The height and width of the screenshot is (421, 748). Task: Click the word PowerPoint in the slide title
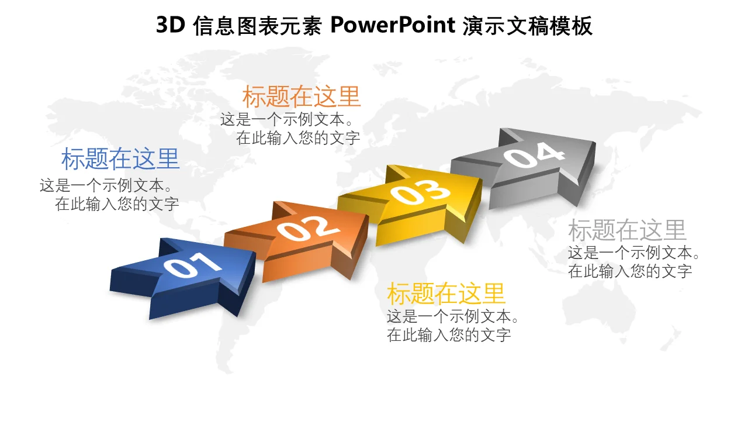(x=393, y=25)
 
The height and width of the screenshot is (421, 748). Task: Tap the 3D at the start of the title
(x=171, y=25)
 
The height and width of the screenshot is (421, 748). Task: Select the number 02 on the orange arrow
(x=308, y=228)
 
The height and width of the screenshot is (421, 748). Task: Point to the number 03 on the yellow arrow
(x=420, y=191)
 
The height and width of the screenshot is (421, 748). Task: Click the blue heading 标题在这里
(x=120, y=159)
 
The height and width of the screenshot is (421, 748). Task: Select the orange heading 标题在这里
(x=301, y=96)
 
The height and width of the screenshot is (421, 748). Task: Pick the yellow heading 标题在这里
(x=446, y=294)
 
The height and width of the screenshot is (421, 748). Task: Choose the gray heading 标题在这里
(x=627, y=230)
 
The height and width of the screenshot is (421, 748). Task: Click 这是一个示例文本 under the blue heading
(x=102, y=186)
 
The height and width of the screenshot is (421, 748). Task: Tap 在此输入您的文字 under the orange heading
(x=298, y=138)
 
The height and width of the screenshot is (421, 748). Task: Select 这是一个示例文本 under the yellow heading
(x=449, y=316)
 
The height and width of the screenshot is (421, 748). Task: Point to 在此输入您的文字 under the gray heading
(x=630, y=271)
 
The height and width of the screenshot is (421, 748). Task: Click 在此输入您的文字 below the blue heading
(x=117, y=204)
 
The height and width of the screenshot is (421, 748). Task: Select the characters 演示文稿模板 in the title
(x=528, y=25)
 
